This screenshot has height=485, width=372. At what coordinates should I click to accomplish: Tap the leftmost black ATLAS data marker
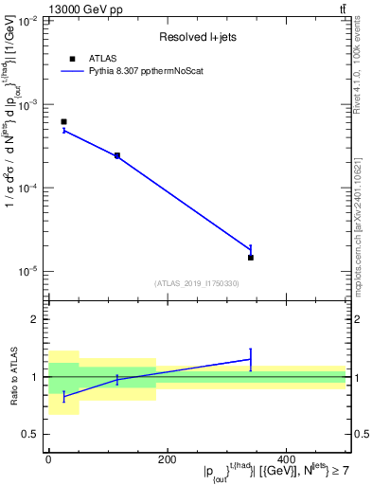coord(63,122)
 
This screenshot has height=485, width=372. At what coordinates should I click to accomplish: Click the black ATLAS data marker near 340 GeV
coord(251,257)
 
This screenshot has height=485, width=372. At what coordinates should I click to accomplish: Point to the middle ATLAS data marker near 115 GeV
coord(117,155)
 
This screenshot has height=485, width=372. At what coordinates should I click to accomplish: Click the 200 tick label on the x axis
coord(168,459)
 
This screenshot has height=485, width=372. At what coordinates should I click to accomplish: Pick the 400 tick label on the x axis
coord(286,459)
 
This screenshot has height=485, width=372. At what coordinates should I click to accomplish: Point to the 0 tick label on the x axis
coord(48,459)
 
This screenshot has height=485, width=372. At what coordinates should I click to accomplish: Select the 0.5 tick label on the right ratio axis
coord(361,435)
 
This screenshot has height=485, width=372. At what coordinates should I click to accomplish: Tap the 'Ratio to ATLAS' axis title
coord(12,377)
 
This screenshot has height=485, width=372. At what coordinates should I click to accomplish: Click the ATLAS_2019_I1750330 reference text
coord(196,283)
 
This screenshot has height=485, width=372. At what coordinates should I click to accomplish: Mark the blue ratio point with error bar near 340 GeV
coord(251,359)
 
